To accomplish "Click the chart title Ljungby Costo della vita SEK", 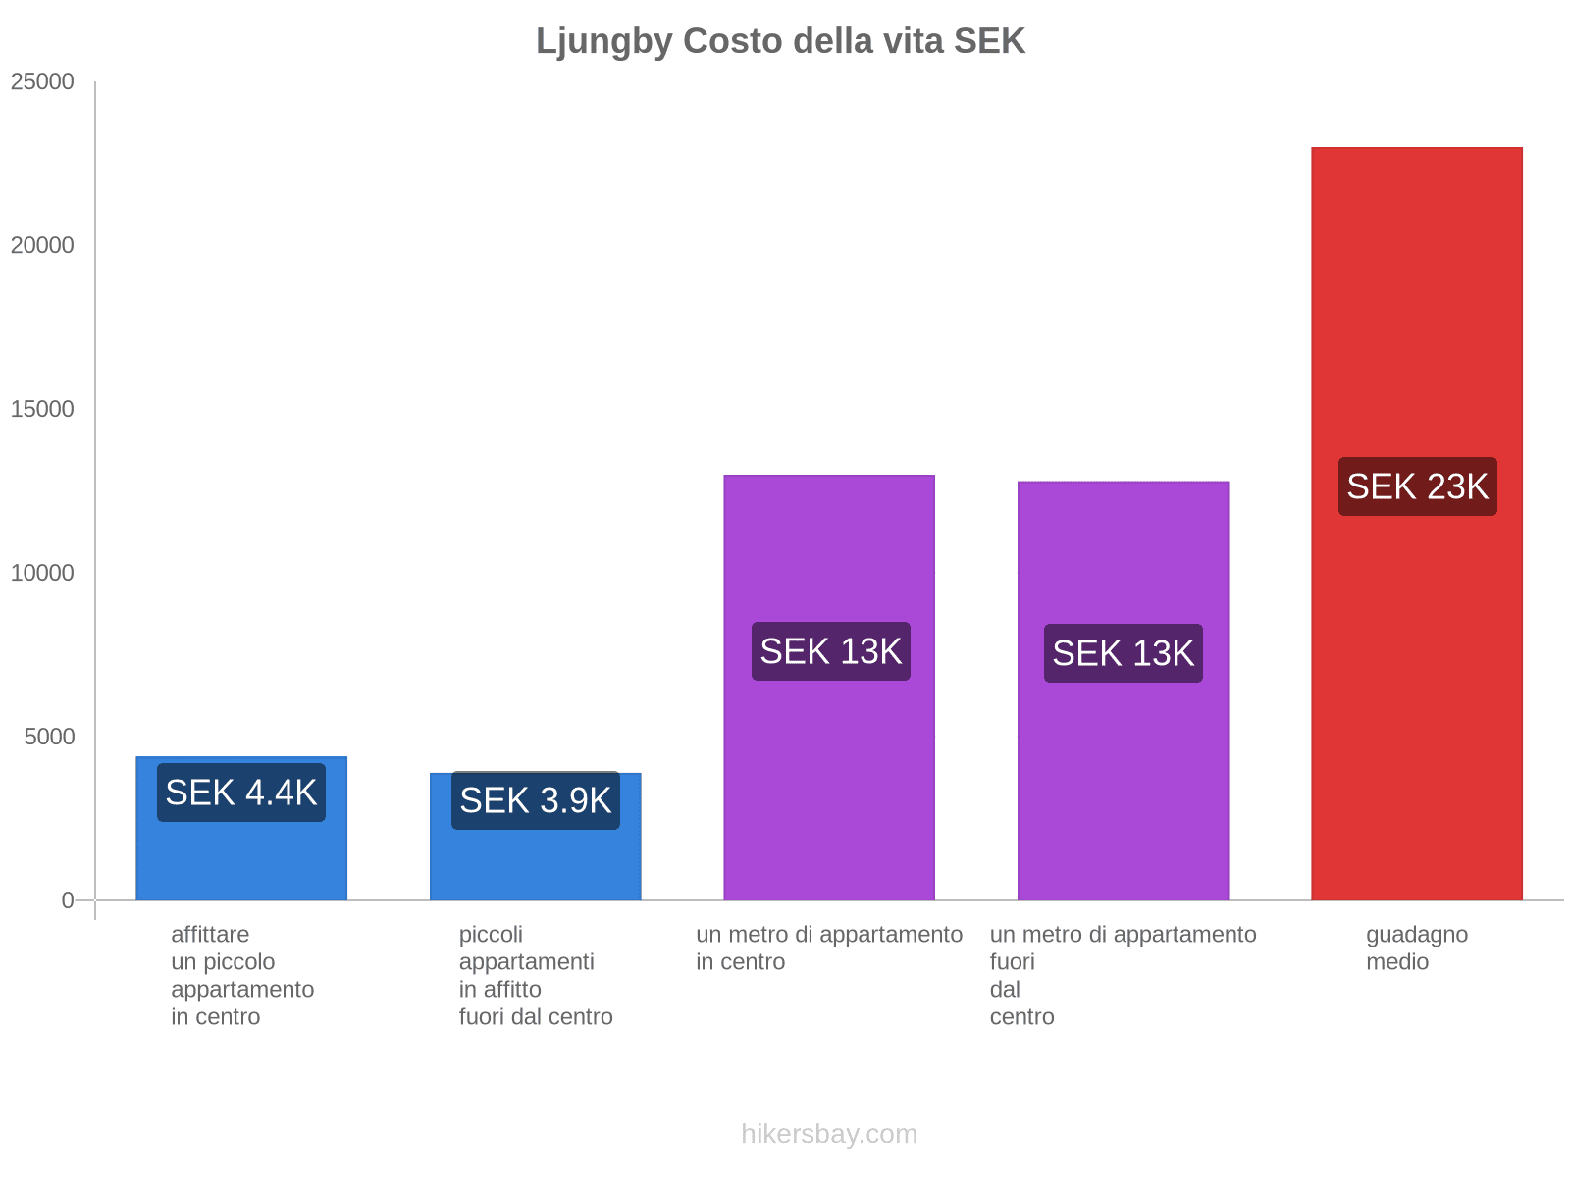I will [780, 41].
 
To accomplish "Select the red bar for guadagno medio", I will [1416, 687].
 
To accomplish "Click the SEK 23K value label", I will [1417, 486].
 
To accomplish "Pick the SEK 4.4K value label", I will [241, 793].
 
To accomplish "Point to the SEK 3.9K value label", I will [536, 800].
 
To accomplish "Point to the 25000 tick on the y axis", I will [43, 81].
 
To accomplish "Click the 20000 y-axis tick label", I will [43, 245].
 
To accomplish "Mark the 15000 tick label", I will [43, 409].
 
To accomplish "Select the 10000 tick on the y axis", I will [43, 573].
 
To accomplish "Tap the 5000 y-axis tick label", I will [50, 737].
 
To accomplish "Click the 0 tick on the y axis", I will [68, 900].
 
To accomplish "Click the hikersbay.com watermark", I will [829, 1134].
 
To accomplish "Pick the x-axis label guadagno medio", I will [1416, 947].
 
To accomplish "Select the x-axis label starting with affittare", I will [241, 975].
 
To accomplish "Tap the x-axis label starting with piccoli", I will [536, 975].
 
